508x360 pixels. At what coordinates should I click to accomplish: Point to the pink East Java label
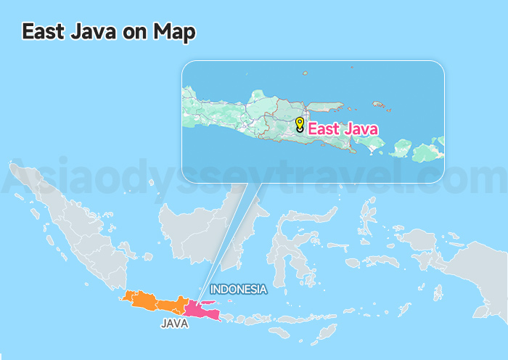click(343, 129)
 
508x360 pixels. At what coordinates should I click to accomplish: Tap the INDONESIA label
click(239, 290)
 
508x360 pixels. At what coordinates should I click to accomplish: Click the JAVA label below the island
click(174, 324)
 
